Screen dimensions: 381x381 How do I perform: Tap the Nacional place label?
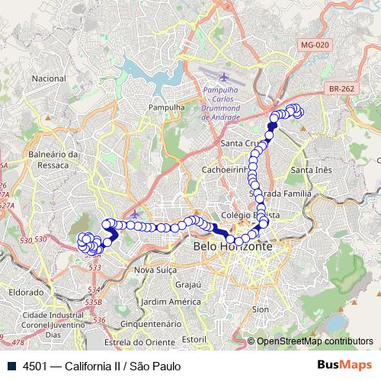pyautogui.click(x=50, y=78)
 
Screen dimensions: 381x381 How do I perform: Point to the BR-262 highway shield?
pyautogui.click(x=343, y=88)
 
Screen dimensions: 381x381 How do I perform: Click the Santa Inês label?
pyautogui.click(x=312, y=169)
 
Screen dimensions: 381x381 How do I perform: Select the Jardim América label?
pyautogui.click(x=159, y=301)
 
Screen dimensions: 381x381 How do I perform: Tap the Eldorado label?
pyautogui.click(x=26, y=292)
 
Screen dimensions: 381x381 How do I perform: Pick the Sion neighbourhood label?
pyautogui.click(x=260, y=309)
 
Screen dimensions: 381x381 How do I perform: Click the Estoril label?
pyautogui.click(x=195, y=338)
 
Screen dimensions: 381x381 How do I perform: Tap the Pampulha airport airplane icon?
pyautogui.click(x=223, y=77)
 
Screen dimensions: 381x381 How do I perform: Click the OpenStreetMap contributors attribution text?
pyautogui.click(x=314, y=341)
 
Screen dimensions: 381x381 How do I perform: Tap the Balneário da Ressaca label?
pyautogui.click(x=53, y=159)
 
